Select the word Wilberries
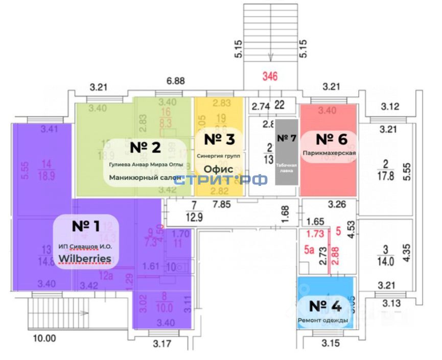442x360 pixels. [x=85, y=258]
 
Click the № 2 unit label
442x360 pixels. [x=145, y=147]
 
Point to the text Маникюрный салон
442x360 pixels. [x=146, y=178]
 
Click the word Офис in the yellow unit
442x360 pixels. [x=219, y=169]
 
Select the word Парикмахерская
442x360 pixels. [x=329, y=153]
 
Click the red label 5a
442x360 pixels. [x=309, y=250]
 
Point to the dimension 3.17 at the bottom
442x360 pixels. [x=162, y=343]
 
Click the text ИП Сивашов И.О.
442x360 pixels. [x=85, y=247]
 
